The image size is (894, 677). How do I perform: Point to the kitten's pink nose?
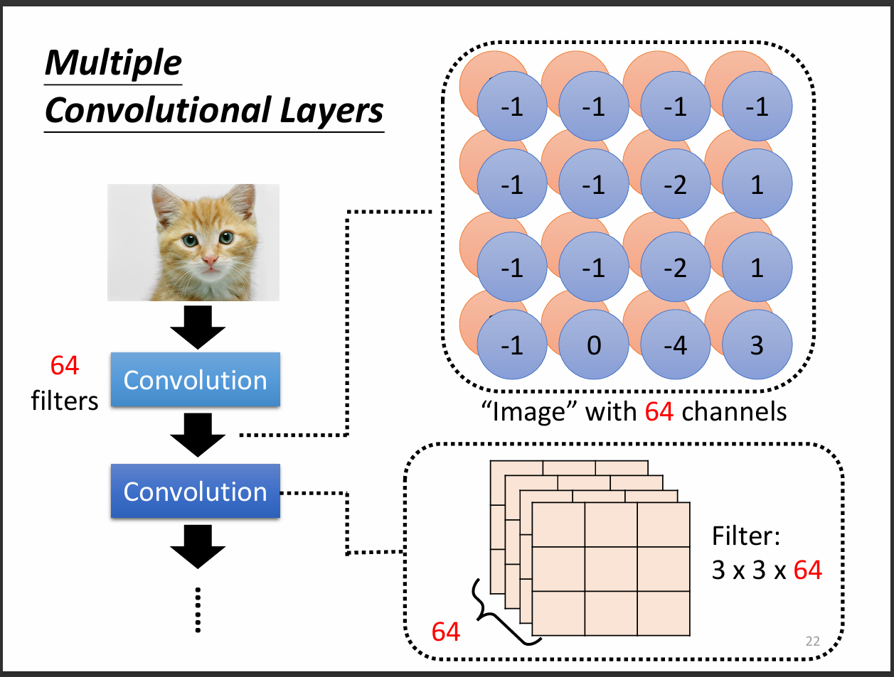point(210,261)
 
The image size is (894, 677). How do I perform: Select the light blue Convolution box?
point(195,380)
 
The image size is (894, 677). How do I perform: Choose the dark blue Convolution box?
point(195,491)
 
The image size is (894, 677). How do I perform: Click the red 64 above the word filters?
point(65,366)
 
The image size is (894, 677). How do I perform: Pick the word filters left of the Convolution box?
point(65,401)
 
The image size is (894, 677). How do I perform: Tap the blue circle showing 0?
point(594,345)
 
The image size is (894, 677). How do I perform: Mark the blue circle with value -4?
point(675,345)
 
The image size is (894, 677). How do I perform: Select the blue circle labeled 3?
point(757,345)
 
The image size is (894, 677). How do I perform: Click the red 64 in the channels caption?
point(659,412)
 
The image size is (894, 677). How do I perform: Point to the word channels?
point(734,412)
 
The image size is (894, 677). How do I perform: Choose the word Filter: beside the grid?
point(746,536)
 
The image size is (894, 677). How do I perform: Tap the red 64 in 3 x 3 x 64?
point(807,570)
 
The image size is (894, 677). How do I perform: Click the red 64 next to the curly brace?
point(446,632)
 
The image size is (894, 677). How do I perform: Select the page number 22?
point(812,641)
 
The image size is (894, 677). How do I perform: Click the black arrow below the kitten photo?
point(198,327)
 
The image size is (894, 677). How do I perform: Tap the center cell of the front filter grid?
point(611,569)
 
